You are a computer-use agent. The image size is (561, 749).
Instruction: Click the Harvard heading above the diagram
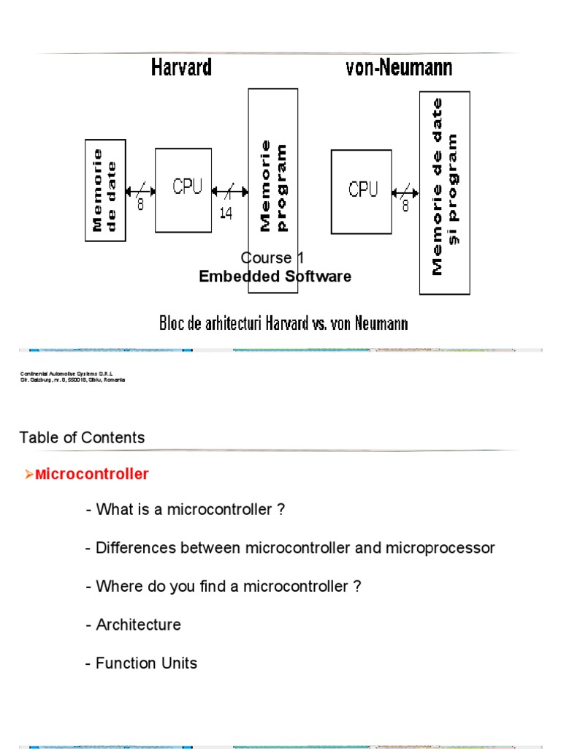(181, 68)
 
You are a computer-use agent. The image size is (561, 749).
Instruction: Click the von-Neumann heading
(398, 68)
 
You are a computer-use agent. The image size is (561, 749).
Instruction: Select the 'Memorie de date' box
(106, 190)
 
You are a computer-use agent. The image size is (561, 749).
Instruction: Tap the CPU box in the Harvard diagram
(183, 190)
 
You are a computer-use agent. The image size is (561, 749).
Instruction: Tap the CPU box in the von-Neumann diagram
(362, 191)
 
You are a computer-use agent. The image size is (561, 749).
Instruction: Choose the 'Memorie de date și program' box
(444, 192)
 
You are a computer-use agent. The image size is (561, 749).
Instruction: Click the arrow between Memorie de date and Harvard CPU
(140, 192)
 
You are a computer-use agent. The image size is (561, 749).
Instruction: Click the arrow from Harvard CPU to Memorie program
(229, 192)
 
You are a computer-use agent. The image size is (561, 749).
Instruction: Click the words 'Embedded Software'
(275, 276)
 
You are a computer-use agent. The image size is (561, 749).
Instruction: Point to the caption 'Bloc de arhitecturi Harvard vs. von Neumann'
(283, 323)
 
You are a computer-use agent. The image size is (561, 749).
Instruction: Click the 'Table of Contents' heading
(82, 437)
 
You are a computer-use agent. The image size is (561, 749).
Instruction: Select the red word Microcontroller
(92, 474)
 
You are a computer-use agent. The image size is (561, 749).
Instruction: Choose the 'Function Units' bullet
(141, 663)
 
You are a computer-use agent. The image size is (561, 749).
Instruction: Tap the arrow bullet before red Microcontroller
(29, 475)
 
